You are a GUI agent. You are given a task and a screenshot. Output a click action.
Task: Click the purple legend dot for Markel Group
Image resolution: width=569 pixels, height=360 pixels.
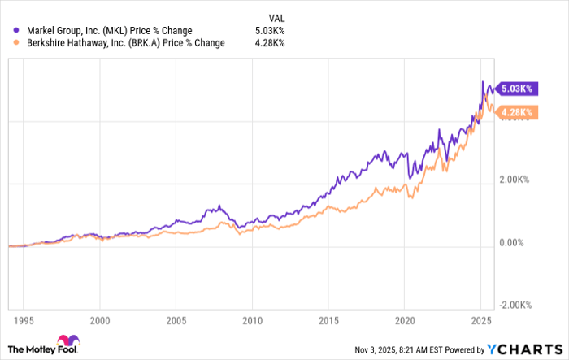pos(16,31)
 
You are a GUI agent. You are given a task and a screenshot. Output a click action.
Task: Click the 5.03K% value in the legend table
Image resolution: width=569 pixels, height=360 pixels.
pos(269,31)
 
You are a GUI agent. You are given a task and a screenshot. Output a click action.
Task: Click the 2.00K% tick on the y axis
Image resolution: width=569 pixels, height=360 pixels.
pos(515,180)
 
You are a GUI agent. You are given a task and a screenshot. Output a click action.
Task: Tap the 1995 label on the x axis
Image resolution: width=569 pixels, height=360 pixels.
pos(24,320)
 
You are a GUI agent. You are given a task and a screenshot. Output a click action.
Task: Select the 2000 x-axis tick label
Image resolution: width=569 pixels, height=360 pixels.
pos(99,320)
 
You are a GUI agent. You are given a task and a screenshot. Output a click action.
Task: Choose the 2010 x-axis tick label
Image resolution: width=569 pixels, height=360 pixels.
pos(252,320)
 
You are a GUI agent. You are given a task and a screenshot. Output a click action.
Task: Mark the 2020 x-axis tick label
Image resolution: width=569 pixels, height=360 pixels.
pos(405,320)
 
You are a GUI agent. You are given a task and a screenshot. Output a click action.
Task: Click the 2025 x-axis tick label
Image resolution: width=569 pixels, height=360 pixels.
pos(481,320)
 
